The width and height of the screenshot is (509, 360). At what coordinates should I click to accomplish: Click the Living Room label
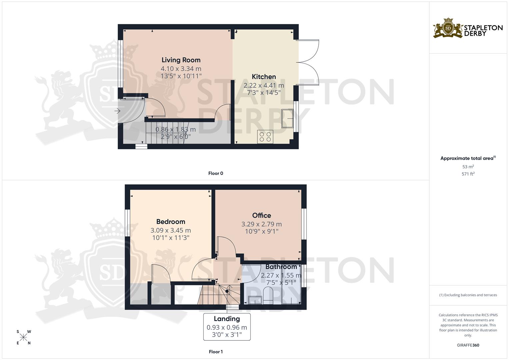pos(181,60)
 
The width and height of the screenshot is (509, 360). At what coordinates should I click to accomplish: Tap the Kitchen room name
pos(264,77)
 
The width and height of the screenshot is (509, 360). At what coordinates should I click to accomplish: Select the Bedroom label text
pos(171,222)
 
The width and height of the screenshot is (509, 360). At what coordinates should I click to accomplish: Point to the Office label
pos(262,215)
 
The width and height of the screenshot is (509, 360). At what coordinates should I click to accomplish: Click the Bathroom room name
pos(281,267)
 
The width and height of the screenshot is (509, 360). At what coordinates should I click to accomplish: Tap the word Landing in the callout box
pos(227,319)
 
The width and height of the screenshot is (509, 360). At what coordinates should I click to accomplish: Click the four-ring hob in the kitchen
pos(265,137)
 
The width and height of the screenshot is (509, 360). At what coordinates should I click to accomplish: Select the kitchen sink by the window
pos(287,118)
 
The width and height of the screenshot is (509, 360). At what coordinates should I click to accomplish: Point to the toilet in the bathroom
pos(268,295)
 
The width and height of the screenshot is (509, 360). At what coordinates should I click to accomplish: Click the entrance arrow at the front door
pos(117,111)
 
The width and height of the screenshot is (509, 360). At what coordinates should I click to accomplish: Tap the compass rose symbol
pos(23,337)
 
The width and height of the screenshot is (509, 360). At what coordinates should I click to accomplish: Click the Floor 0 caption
pos(216,173)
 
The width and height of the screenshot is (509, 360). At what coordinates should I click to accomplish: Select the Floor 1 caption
pos(216,352)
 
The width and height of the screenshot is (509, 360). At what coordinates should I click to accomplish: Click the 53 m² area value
pos(468,167)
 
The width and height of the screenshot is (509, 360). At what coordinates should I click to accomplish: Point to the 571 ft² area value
pos(468,174)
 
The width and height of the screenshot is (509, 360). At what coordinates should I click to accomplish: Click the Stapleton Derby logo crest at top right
pos(448,28)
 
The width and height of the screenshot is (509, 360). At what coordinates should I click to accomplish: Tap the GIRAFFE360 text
pos(468,345)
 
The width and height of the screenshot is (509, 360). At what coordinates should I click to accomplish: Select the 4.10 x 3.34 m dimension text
pos(181,69)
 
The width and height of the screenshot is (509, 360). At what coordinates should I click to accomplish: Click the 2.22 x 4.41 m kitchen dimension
pos(264,85)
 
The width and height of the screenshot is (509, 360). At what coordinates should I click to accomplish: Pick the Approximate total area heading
pos(468,158)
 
